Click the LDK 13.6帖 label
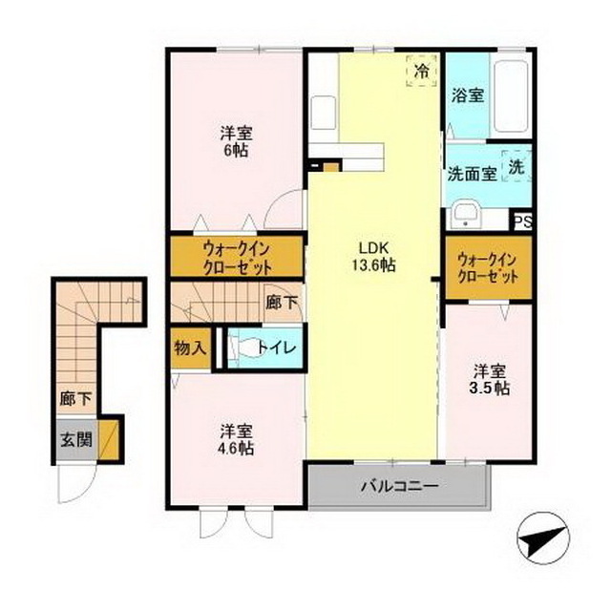[x=373, y=258]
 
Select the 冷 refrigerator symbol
[x=420, y=70]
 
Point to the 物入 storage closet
[x=190, y=348]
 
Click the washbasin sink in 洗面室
[x=467, y=214]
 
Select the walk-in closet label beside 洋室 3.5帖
[x=488, y=266]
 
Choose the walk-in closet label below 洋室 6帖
[x=236, y=257]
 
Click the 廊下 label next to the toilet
[x=282, y=304]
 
